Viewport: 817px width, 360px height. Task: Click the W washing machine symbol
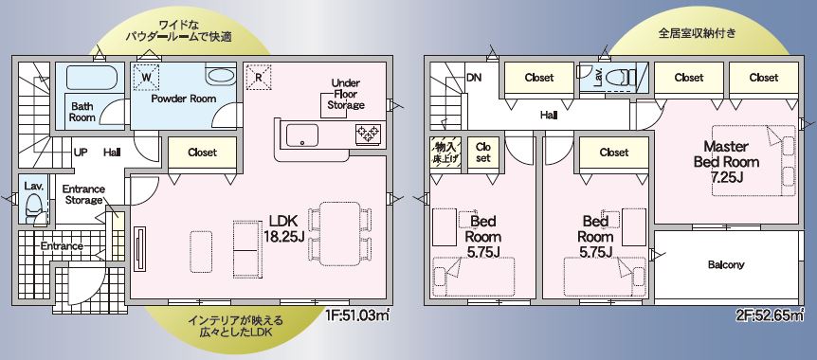coord(146,77)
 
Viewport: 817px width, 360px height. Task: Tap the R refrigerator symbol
coord(259,77)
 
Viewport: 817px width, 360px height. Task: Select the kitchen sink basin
coord(302,135)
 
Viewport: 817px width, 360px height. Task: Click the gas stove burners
coord(368,134)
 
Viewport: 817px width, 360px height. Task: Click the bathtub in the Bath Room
coord(92,78)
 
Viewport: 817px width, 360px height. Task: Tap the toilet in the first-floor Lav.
coord(34,207)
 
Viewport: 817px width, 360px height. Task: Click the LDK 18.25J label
coord(284,228)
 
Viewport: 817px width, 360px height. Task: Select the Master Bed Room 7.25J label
coord(726,161)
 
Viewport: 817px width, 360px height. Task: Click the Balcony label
coord(726,264)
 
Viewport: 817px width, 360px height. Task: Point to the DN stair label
coord(474,78)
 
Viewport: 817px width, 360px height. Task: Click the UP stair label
coord(81,153)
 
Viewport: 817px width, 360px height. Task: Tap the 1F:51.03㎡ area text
coord(357,315)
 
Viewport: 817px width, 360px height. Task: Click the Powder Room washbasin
coord(221,76)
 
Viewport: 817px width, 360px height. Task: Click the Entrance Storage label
coord(83,194)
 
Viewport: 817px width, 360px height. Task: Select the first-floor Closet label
coord(202,153)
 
